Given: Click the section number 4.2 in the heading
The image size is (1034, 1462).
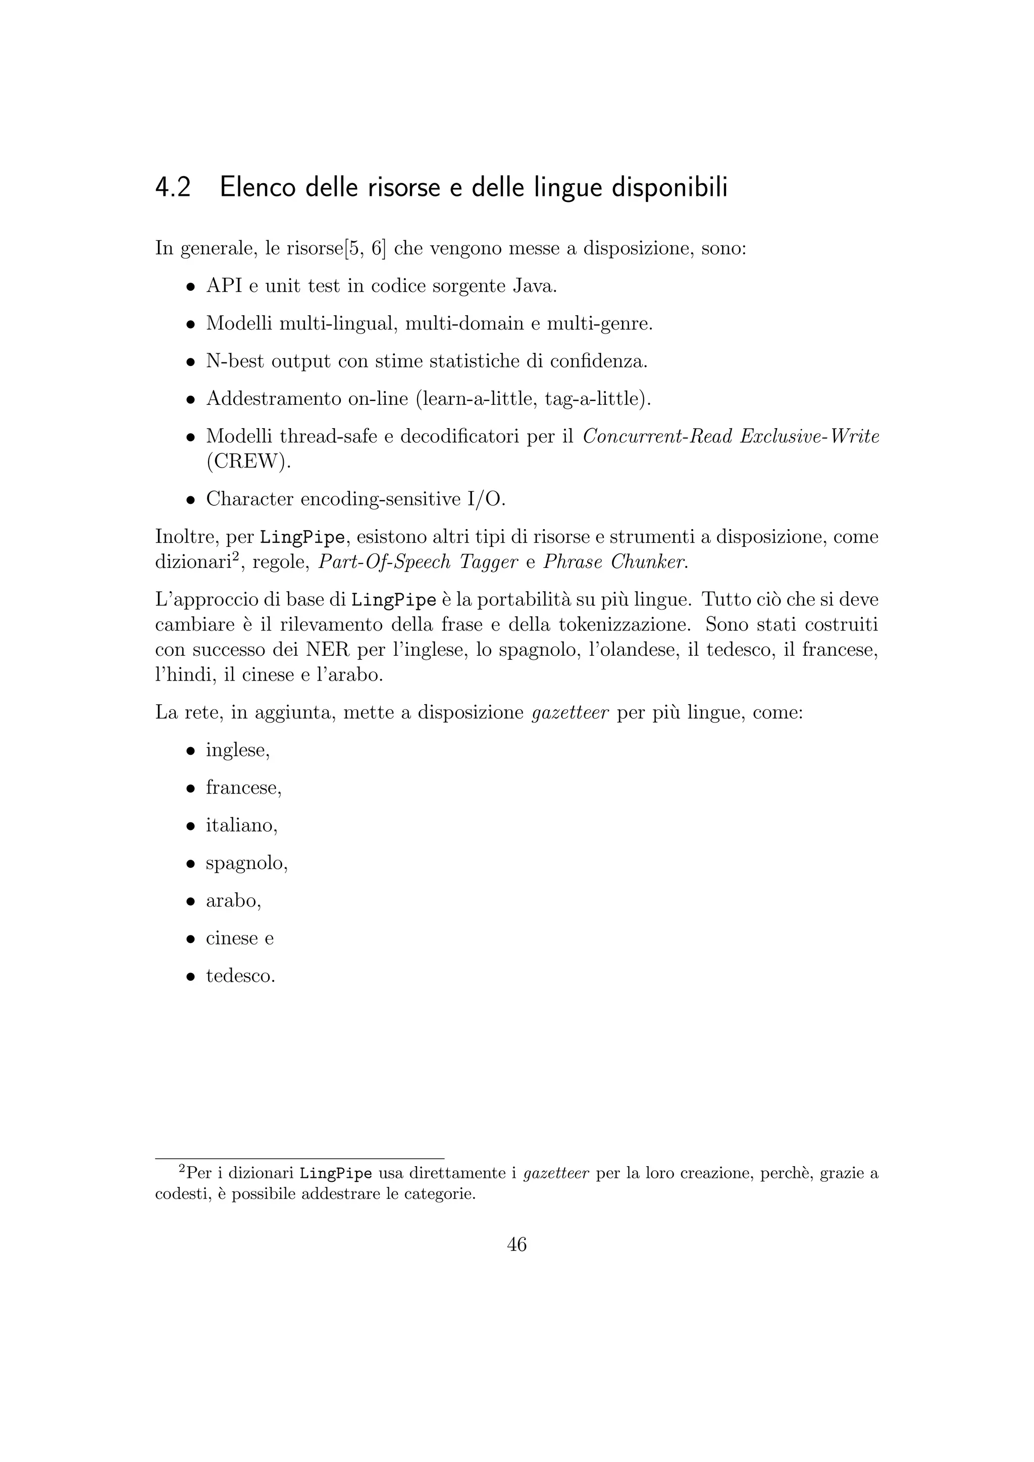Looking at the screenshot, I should coord(173,188).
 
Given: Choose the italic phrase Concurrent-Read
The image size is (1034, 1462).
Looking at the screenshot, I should coord(657,437).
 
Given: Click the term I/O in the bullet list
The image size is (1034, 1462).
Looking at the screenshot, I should coord(485,499).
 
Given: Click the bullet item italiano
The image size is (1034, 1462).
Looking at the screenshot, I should coord(241,826).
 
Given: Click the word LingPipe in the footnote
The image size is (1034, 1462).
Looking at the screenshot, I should coord(336,1173).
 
